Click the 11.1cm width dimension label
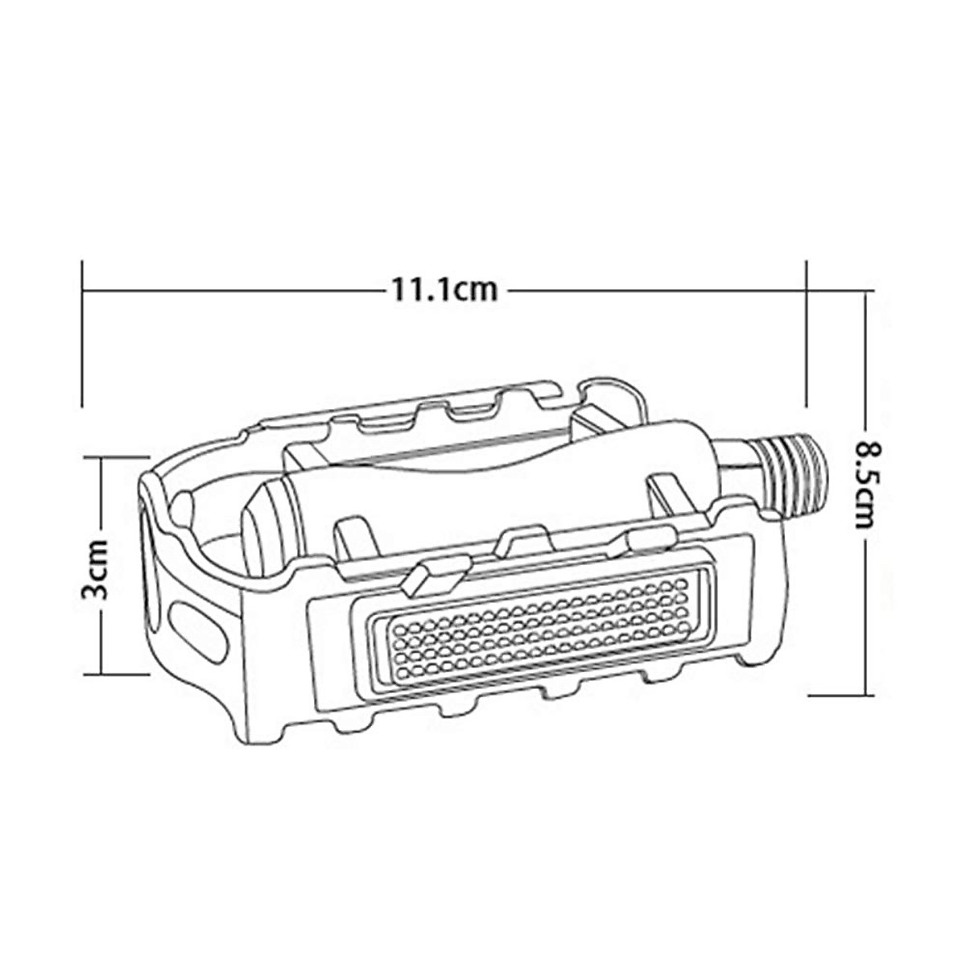444,289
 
